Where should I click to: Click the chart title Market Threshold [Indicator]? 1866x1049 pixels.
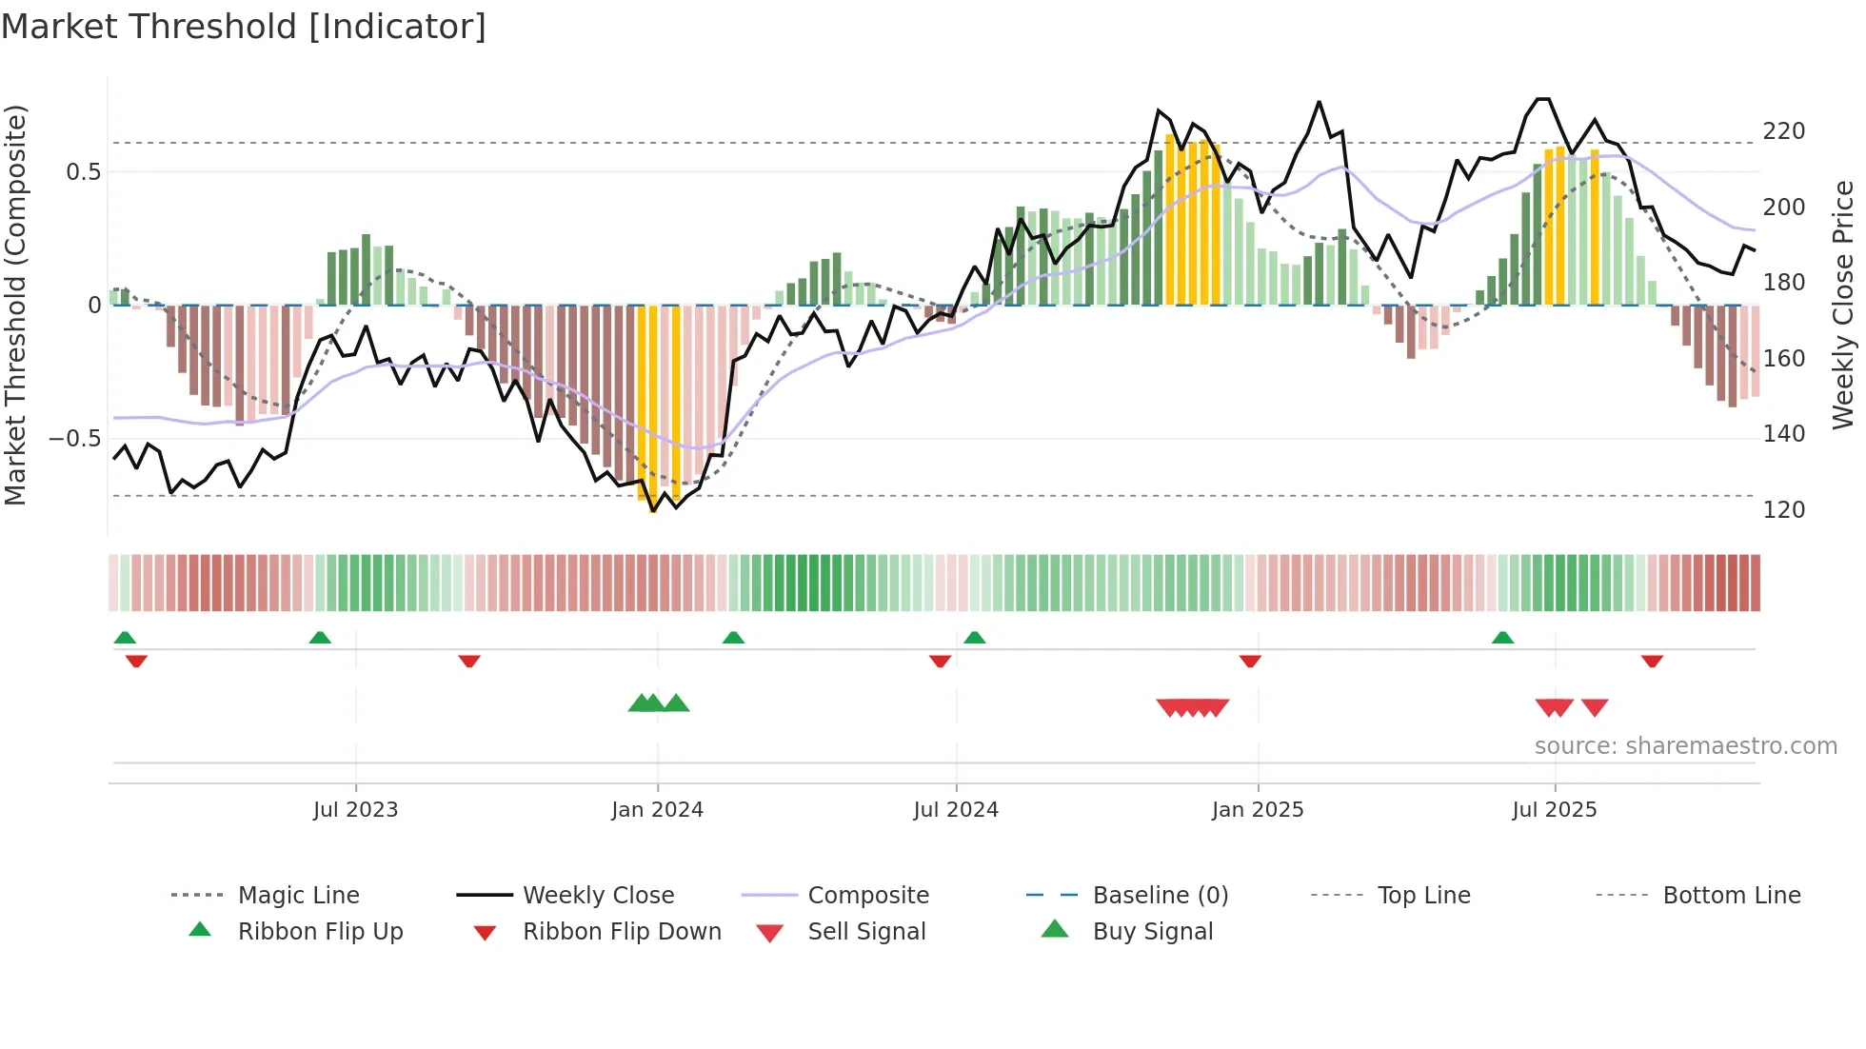[x=244, y=27]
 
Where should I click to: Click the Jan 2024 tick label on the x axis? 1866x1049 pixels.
[x=657, y=810]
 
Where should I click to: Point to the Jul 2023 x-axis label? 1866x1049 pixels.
[x=355, y=810]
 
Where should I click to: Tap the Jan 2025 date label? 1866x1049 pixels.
[x=1257, y=810]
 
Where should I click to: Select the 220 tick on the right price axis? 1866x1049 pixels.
[x=1783, y=131]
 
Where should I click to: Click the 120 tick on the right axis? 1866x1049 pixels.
[x=1783, y=510]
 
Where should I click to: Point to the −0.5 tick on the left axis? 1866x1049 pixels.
[x=75, y=439]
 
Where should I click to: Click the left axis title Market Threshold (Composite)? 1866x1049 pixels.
[x=15, y=305]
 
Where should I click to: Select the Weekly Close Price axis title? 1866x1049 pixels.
[x=1843, y=305]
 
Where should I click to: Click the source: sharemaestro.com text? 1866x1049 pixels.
[x=1685, y=746]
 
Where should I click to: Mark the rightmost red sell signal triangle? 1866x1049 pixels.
[x=1595, y=706]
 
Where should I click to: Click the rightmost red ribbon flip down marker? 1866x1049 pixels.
[x=1652, y=661]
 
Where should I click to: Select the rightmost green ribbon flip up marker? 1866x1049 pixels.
[x=1502, y=638]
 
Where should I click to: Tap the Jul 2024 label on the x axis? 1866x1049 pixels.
[x=956, y=810]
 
